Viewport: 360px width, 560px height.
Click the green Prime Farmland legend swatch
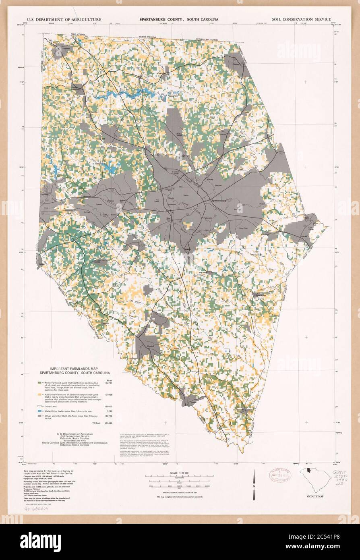tap(39, 382)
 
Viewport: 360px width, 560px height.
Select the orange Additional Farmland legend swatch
tap(39, 394)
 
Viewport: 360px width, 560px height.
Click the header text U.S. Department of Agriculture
tap(64, 19)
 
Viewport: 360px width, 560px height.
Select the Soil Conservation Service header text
tap(301, 19)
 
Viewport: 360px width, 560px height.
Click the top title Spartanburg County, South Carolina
tap(179, 19)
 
